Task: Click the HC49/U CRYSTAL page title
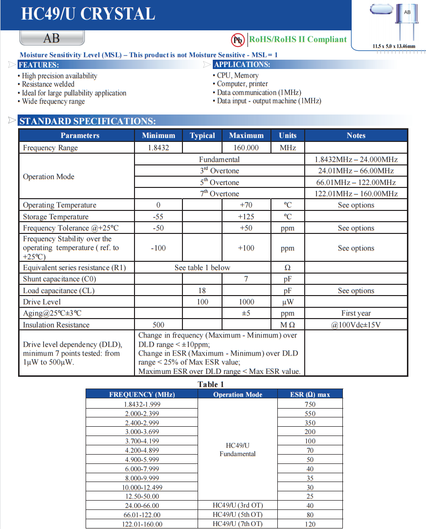(88, 14)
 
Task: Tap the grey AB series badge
(51, 38)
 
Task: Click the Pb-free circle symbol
(238, 40)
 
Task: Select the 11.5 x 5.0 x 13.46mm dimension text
(394, 46)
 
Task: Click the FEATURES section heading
(39, 65)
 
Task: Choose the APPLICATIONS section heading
(242, 65)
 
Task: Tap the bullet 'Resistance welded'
(48, 84)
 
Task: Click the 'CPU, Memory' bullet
(238, 75)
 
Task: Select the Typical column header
(202, 136)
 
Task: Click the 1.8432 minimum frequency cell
(158, 147)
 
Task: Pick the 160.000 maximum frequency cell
(246, 147)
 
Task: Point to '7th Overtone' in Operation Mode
(219, 193)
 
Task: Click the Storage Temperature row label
(56, 217)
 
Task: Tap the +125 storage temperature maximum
(246, 217)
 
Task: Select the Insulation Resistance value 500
(158, 324)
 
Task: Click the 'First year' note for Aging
(356, 313)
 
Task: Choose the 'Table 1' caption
(210, 384)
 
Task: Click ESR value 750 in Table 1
(310, 404)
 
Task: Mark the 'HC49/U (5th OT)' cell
(238, 514)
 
